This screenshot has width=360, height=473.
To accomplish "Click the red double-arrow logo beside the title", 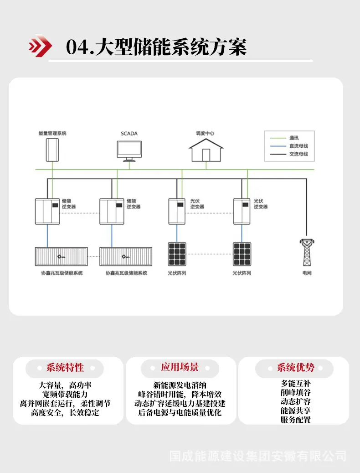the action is click(x=40, y=46).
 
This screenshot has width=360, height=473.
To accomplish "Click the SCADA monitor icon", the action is click(x=129, y=151).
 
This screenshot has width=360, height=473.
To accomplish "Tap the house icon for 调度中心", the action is click(x=206, y=150).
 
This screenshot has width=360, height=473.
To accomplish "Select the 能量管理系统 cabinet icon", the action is click(x=52, y=150).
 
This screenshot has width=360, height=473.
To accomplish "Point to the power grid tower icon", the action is click(x=307, y=253).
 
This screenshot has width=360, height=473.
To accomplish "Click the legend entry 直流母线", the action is click(x=298, y=146).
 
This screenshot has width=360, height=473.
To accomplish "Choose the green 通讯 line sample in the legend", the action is click(x=278, y=138).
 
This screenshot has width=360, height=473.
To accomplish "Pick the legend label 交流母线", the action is click(x=298, y=154).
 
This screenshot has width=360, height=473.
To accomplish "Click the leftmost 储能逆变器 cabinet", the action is click(x=47, y=212).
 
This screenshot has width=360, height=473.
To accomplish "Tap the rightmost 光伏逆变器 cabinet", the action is click(x=242, y=212).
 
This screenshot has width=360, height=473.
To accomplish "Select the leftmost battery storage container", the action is click(x=62, y=256).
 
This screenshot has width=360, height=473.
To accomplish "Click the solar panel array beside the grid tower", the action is click(x=242, y=254).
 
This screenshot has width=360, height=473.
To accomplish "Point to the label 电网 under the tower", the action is click(x=307, y=273).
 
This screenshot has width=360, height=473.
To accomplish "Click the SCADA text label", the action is click(x=129, y=134).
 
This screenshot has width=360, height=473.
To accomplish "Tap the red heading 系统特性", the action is click(x=65, y=368).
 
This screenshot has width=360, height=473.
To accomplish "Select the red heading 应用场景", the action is click(x=180, y=367).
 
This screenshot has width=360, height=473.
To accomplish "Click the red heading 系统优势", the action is click(x=296, y=368).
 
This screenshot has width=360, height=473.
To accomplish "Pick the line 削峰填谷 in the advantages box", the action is click(x=296, y=392).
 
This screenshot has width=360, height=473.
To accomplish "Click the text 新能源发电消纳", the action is click(x=180, y=385).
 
